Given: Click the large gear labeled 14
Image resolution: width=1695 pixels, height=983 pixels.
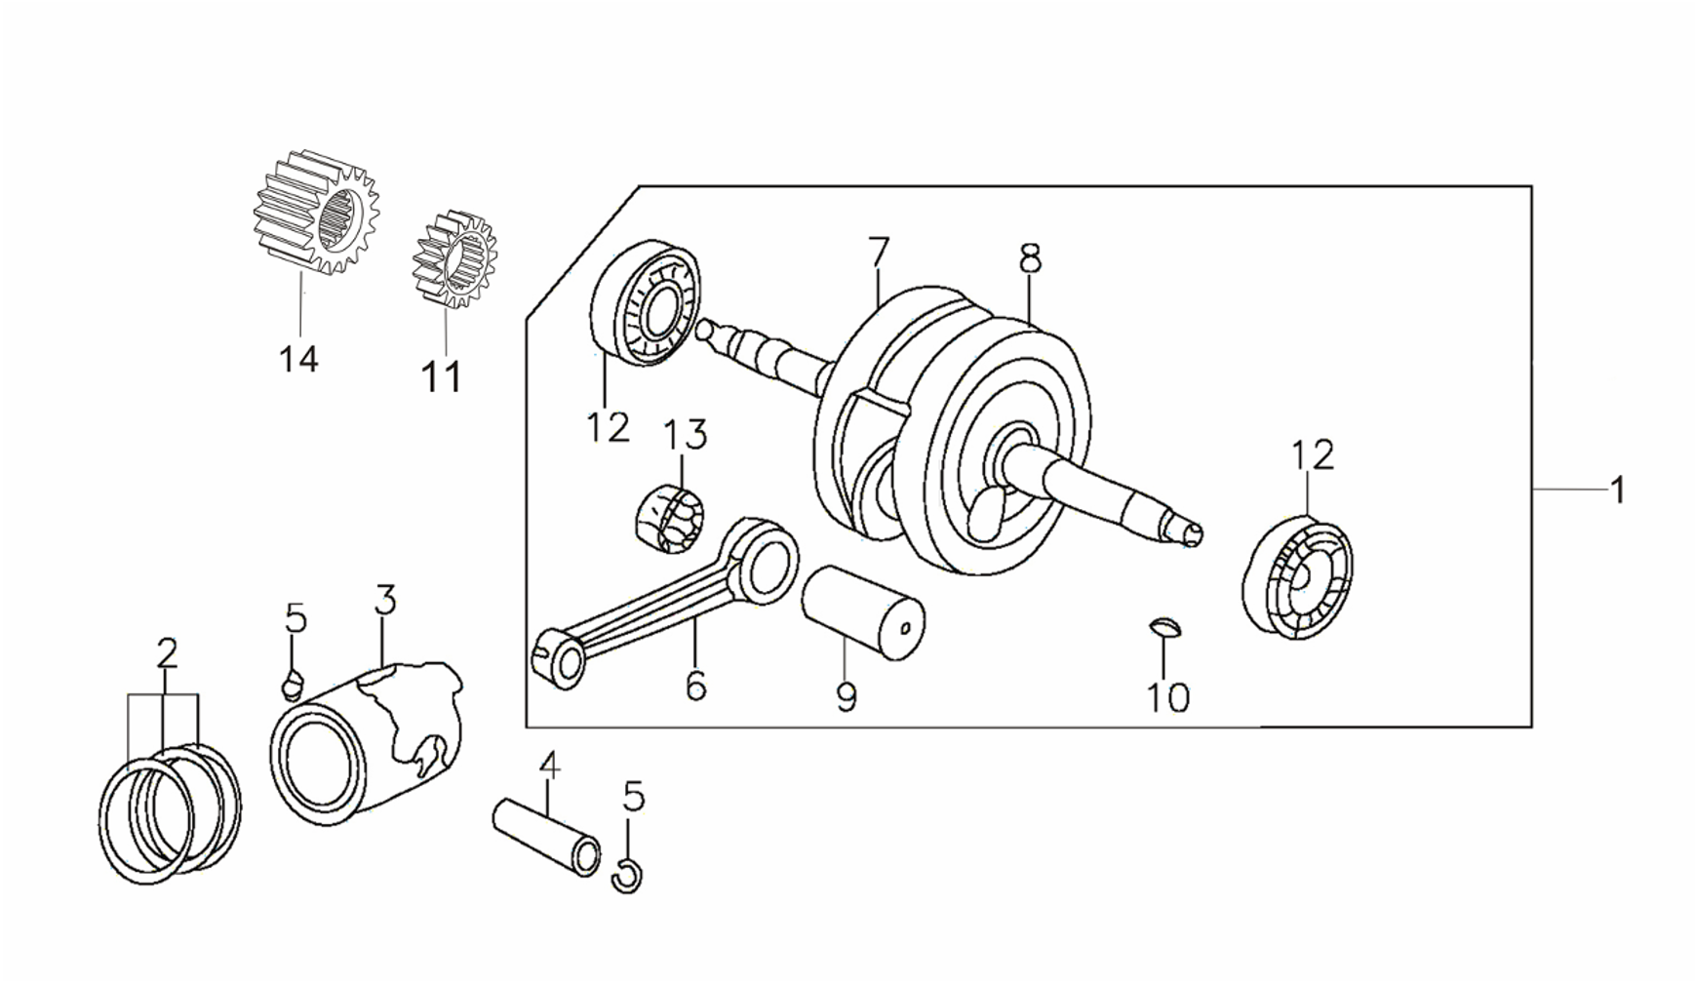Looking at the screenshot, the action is [x=316, y=212].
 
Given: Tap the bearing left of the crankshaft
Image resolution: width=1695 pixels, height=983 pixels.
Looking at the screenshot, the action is [x=645, y=302].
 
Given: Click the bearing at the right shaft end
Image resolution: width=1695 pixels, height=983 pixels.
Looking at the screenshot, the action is [x=1298, y=579].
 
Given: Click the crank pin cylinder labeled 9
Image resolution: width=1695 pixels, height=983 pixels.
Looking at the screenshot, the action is [x=863, y=612].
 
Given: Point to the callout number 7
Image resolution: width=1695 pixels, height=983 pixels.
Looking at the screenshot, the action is [x=878, y=253].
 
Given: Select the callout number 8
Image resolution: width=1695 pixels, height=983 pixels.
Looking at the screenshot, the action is [x=1030, y=259].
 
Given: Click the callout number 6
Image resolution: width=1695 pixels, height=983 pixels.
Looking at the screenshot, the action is [x=695, y=686].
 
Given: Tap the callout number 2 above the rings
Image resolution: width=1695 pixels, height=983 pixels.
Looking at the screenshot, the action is [x=167, y=653].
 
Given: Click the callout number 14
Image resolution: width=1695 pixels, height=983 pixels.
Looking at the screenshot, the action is [x=298, y=359].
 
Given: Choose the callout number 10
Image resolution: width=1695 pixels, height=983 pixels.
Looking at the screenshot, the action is [x=1168, y=697].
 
